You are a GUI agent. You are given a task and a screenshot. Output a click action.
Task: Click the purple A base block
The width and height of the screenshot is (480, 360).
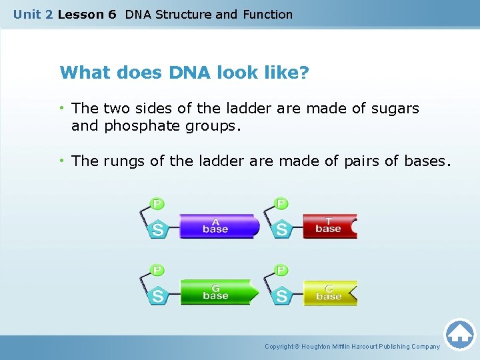point(219,226)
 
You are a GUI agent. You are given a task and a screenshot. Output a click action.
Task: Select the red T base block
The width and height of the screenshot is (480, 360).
point(329,226)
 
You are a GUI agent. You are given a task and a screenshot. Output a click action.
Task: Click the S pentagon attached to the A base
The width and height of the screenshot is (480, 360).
point(158,229)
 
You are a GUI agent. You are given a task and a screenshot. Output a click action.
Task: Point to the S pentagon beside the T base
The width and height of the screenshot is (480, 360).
point(282,229)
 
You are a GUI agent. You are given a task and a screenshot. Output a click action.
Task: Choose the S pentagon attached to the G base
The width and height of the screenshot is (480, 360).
point(158,296)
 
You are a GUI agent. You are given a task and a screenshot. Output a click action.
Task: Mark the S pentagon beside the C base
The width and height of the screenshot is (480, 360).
point(282,296)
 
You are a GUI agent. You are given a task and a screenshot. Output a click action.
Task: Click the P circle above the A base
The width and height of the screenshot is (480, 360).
point(158,203)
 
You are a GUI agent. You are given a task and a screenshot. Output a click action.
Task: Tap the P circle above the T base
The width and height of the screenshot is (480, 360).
point(282,203)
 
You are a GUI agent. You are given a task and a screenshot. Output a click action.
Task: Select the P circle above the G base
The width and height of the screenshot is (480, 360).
point(158,270)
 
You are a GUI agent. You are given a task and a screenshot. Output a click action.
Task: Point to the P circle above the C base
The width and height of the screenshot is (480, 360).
point(282,270)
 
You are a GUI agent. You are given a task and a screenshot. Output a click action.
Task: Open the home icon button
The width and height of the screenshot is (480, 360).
point(460,334)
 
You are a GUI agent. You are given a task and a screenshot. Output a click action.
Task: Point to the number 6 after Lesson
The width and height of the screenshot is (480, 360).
point(111,14)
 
